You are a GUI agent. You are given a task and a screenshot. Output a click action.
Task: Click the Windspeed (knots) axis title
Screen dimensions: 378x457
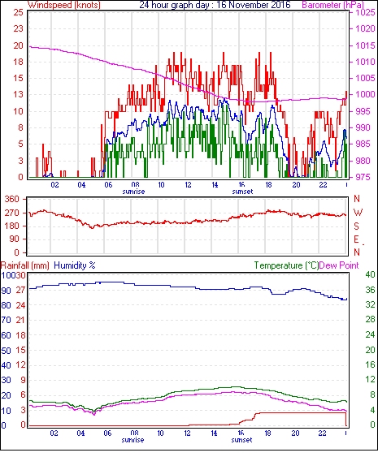tap(64, 5)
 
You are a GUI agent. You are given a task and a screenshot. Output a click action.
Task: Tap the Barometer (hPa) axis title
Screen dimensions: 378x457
tap(333, 5)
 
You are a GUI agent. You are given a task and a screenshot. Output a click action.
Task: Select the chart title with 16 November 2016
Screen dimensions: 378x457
tap(215, 5)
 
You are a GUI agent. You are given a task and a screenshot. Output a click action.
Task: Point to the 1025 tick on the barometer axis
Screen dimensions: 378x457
tap(365, 12)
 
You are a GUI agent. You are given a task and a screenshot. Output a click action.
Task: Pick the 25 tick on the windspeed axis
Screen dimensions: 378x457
tap(19, 12)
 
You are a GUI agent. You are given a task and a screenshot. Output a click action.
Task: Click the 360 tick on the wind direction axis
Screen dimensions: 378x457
tap(12, 200)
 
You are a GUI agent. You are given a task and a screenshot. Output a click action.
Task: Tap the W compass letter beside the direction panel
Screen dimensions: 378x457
tap(358, 213)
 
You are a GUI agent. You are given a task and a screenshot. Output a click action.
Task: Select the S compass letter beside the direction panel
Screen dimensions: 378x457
tap(356, 226)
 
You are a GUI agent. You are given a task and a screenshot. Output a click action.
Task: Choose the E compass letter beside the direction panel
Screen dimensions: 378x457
tap(356, 239)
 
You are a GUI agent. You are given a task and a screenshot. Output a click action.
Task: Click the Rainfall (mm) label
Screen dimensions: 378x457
tap(25, 265)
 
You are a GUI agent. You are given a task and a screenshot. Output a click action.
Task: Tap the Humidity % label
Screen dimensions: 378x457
tap(75, 265)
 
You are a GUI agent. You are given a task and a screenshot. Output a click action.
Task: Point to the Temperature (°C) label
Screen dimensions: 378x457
tap(286, 265)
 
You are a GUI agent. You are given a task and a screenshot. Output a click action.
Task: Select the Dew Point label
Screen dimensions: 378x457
tap(339, 265)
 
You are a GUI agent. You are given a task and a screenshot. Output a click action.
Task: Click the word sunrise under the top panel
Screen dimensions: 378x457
tap(133, 192)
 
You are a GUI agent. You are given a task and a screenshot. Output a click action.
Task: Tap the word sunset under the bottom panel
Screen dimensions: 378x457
tap(241, 440)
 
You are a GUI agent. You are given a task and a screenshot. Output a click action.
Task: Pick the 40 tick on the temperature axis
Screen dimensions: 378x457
tap(370, 274)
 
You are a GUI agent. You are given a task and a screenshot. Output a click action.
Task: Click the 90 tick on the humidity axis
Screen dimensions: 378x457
tap(7, 291)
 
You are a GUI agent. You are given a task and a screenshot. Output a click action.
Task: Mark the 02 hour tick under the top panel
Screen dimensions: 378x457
tap(54, 184)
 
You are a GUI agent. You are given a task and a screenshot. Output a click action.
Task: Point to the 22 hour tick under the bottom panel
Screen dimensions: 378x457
tap(322, 433)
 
